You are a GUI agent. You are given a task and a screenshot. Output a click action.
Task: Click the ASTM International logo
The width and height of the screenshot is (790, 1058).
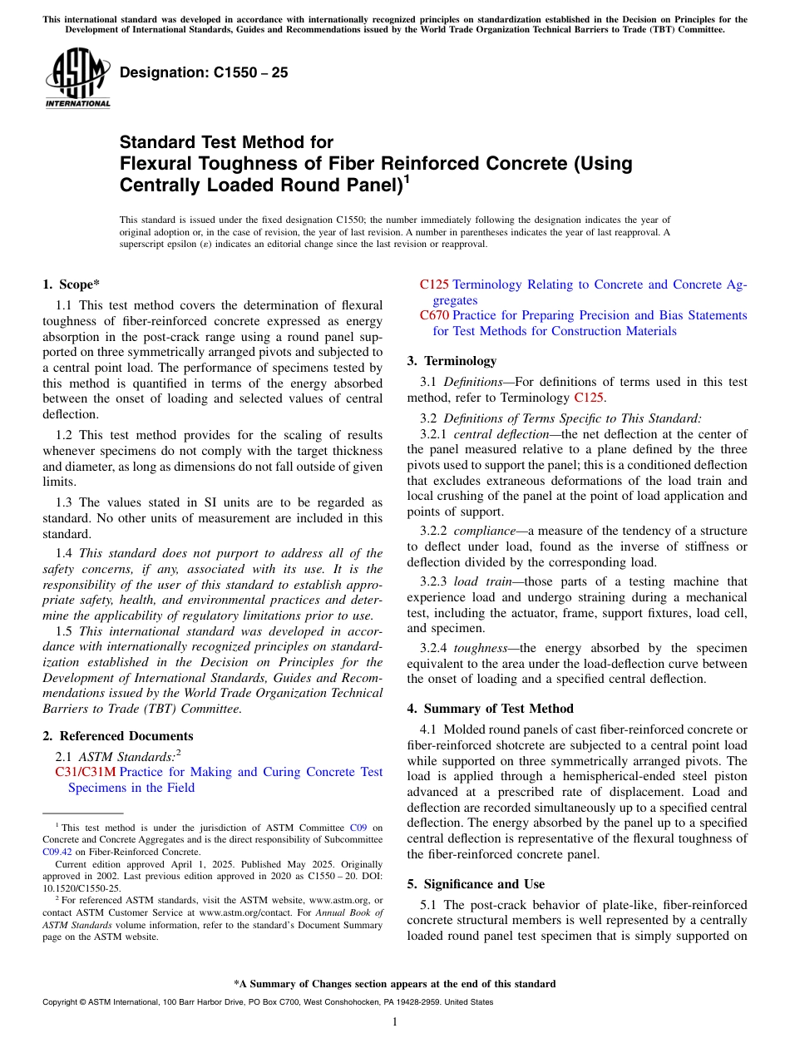tap(77, 78)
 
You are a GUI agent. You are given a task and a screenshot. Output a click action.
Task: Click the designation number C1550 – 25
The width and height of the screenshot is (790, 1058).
tap(204, 72)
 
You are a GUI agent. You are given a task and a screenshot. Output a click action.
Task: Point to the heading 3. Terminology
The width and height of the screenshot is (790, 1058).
tap(452, 361)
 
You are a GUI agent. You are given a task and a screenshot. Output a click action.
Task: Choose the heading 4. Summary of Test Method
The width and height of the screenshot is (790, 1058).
tap(490, 709)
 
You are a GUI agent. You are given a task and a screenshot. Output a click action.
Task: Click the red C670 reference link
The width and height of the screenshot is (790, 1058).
tap(434, 315)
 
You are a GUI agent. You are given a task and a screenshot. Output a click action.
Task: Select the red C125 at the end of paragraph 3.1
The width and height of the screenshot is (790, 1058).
tap(590, 398)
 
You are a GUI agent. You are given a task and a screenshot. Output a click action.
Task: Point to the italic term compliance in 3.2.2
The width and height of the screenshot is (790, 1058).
tap(483, 531)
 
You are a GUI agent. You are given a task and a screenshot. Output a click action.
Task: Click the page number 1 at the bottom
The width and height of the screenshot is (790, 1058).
tap(395, 1022)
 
